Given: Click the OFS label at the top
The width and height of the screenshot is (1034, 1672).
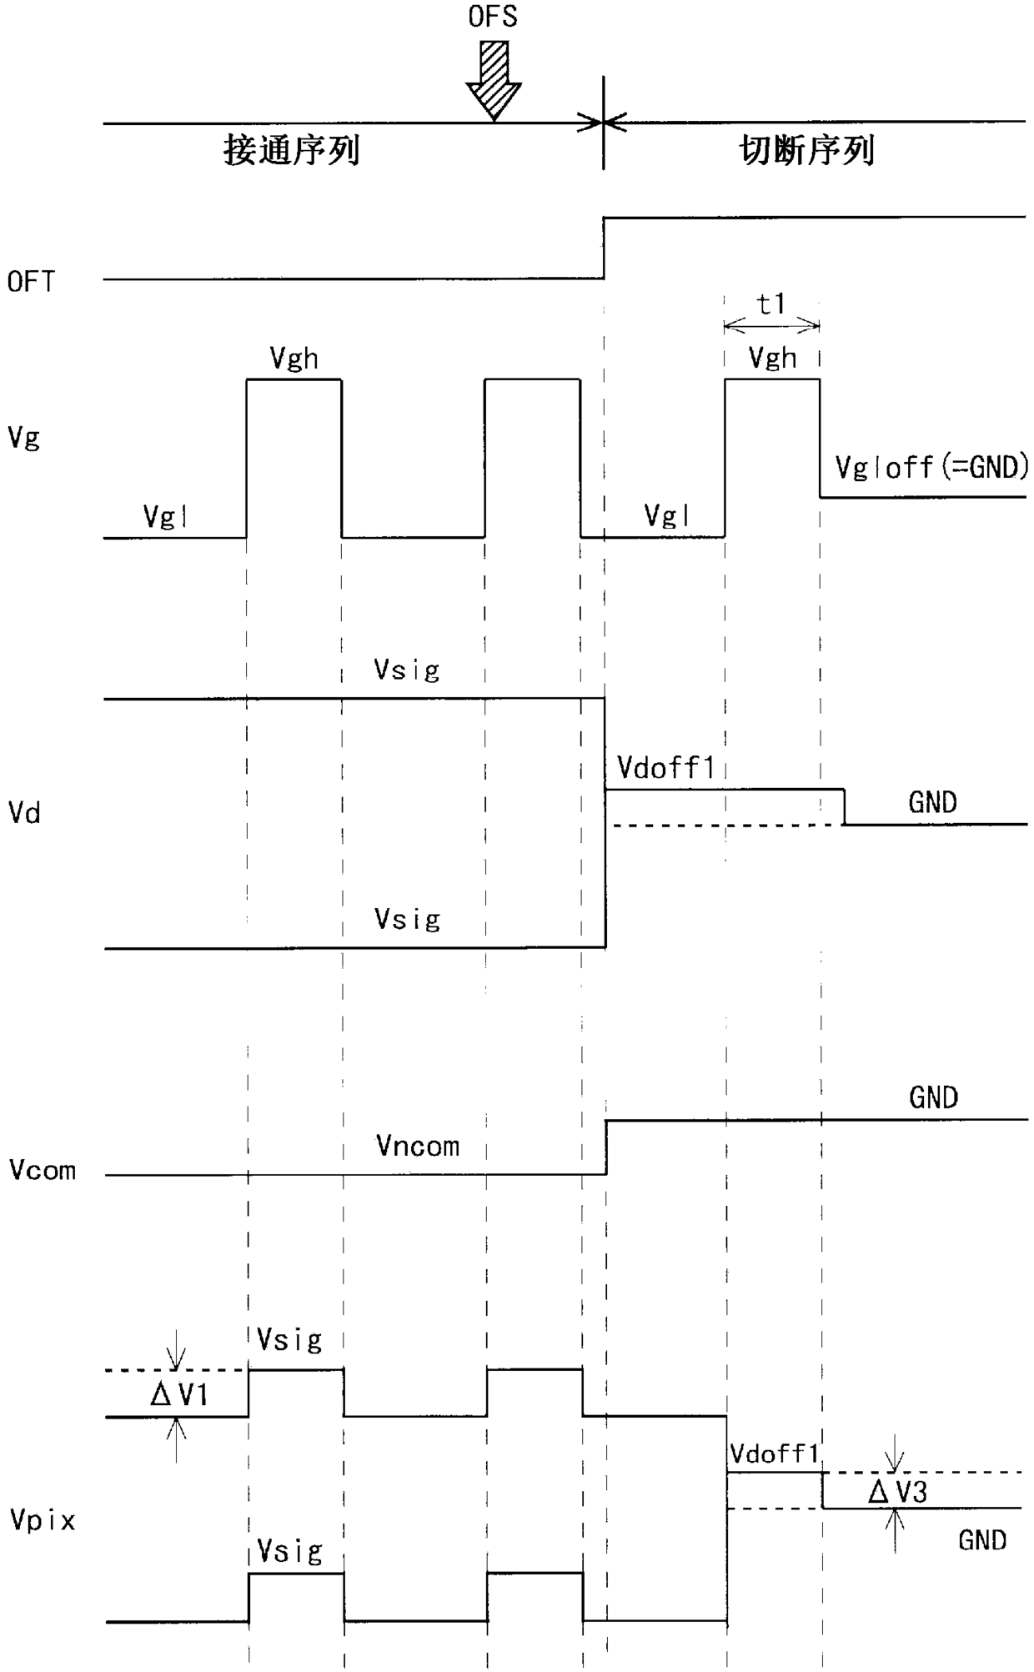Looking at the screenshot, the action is [x=493, y=17].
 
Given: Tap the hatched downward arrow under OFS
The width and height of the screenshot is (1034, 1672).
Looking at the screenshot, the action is [x=494, y=78].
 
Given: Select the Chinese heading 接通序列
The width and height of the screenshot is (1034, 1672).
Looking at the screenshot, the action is [x=291, y=151].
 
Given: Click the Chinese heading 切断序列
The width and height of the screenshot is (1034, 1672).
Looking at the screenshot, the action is [x=806, y=151].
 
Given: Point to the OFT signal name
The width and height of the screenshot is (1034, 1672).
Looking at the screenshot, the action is [x=32, y=282].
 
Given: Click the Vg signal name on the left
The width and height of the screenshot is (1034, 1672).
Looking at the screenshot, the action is [x=24, y=437].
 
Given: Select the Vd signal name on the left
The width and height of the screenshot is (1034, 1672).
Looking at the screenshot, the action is [x=24, y=812].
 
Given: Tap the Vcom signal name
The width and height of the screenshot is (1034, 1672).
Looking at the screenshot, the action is [x=43, y=1170].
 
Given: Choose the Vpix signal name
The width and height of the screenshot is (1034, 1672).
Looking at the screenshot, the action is [x=43, y=1520].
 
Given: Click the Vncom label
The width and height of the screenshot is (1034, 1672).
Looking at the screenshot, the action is [x=418, y=1146].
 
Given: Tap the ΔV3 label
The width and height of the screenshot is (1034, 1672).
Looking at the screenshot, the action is [x=897, y=1491].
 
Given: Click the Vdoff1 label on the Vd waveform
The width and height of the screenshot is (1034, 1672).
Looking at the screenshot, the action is [x=666, y=767].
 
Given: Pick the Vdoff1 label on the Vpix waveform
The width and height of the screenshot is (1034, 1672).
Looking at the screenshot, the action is [x=775, y=1454].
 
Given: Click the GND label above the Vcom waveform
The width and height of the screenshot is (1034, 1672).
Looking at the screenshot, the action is [x=933, y=1097].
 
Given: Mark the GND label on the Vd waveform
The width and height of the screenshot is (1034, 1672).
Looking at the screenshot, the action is [x=932, y=802].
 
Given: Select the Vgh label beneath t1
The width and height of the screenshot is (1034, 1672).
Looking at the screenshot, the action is [x=772, y=359].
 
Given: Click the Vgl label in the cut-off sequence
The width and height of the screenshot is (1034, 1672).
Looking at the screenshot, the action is [x=668, y=516].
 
